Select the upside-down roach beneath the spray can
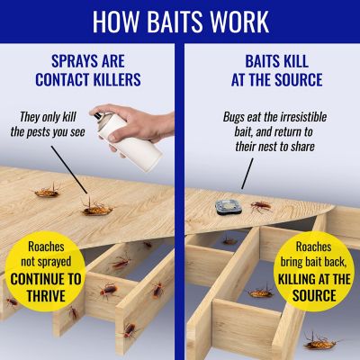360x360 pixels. (97, 209)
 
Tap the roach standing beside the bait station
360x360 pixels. (259, 207)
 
